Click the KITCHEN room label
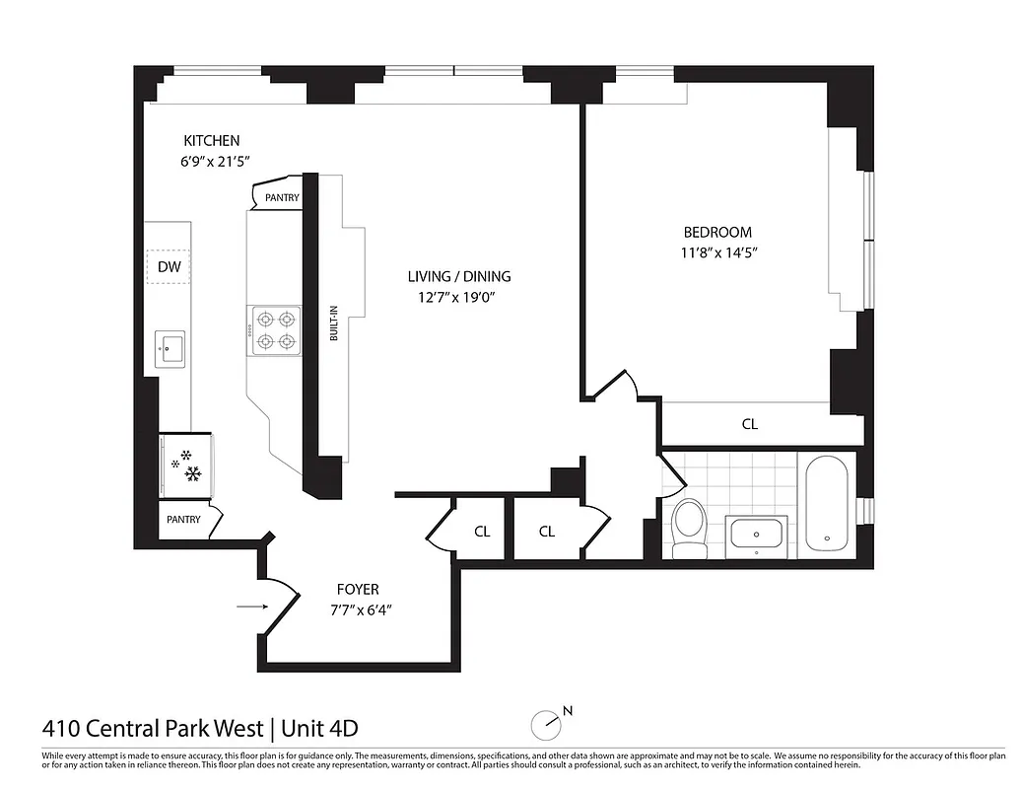click(x=211, y=141)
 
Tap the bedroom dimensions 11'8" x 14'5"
click(x=717, y=251)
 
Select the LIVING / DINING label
click(x=459, y=276)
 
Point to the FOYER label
click(x=357, y=590)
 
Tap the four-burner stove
click(x=275, y=330)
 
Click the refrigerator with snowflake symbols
click(x=185, y=466)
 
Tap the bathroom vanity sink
click(x=757, y=535)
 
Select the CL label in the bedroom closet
click(x=749, y=424)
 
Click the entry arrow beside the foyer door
click(x=251, y=606)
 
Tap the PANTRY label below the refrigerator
click(x=183, y=520)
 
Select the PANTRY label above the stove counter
click(x=282, y=198)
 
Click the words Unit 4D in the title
click(x=319, y=730)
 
